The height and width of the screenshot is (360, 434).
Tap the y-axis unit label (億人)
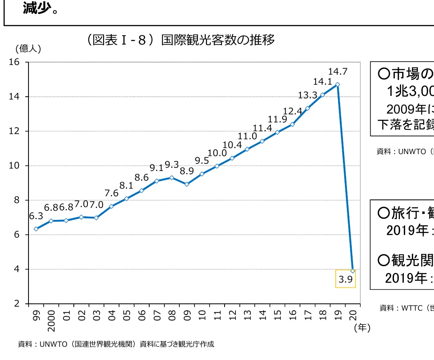pos(28,49)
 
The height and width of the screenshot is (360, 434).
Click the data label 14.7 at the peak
pos(337,72)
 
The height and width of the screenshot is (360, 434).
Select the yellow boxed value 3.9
pos(345,279)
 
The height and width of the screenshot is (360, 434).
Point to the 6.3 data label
pos(36,216)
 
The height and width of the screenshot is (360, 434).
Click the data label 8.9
pos(187,171)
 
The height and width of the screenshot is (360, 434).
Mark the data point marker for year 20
pos(353,271)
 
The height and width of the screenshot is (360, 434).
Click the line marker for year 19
pos(338,85)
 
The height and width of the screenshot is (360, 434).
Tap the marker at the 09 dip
pos(187,184)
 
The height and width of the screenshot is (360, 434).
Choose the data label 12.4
pos(292,111)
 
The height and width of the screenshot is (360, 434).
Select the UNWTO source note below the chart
pos(116,344)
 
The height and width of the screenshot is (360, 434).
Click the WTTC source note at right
pos(406,308)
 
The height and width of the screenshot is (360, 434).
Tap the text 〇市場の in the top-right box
pos(405,74)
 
